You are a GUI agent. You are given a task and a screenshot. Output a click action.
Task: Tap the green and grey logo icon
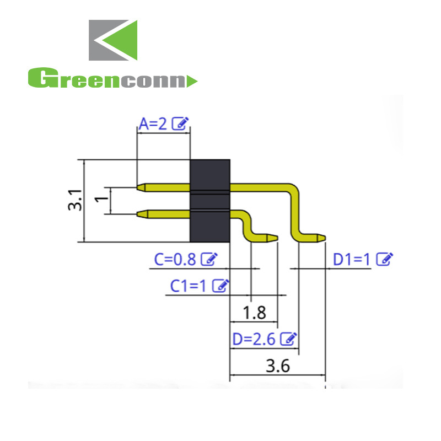(x=113, y=40)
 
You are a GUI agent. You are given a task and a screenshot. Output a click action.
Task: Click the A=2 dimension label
(x=153, y=124)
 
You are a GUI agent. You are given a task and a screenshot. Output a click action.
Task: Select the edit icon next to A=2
(x=180, y=123)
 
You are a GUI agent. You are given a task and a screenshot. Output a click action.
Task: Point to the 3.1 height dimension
(x=75, y=200)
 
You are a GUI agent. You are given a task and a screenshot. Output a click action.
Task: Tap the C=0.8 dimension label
(x=174, y=259)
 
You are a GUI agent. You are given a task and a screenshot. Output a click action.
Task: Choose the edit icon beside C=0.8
(x=209, y=259)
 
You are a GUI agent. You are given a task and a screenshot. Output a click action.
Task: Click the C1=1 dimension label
(x=187, y=286)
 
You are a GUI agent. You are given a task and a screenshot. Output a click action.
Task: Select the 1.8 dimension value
(x=254, y=313)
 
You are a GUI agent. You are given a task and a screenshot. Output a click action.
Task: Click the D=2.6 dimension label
(x=254, y=339)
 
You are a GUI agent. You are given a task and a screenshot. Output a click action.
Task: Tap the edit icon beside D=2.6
(x=288, y=338)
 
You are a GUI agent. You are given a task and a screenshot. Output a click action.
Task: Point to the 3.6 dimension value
(x=278, y=366)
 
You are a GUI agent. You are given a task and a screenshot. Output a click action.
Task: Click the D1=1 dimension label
(x=352, y=259)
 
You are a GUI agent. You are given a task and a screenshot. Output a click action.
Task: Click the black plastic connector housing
(x=210, y=200)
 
